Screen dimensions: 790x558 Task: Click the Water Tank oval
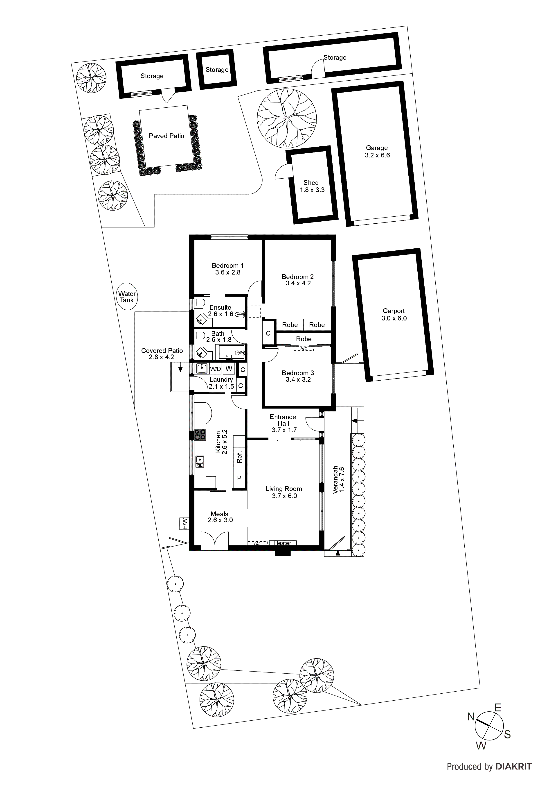[x=127, y=297]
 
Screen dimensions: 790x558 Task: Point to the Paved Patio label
[x=166, y=136]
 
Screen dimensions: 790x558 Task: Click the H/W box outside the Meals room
[x=184, y=524]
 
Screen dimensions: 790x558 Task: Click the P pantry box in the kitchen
[x=239, y=478]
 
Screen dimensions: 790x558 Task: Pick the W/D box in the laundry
[x=215, y=369]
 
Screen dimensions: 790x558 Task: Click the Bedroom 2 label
[x=298, y=280]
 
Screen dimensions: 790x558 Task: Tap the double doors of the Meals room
[x=214, y=540]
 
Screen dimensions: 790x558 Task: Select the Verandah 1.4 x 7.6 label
[x=339, y=480]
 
